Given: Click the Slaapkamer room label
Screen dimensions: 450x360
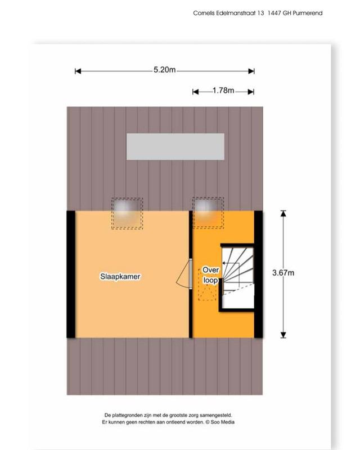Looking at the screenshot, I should pos(120,277).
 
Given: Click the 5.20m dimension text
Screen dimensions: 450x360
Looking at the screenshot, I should pos(164,70).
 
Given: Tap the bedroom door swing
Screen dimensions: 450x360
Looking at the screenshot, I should pos(183,274).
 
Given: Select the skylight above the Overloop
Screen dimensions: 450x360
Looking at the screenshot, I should pos(208,213).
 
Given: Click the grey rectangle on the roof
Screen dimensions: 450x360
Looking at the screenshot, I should pos(175,146).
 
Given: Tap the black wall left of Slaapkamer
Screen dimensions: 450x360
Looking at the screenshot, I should pos(71,274).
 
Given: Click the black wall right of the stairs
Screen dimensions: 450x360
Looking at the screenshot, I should pos(258,274).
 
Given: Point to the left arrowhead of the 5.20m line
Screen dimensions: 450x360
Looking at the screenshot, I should pos(78,71).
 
